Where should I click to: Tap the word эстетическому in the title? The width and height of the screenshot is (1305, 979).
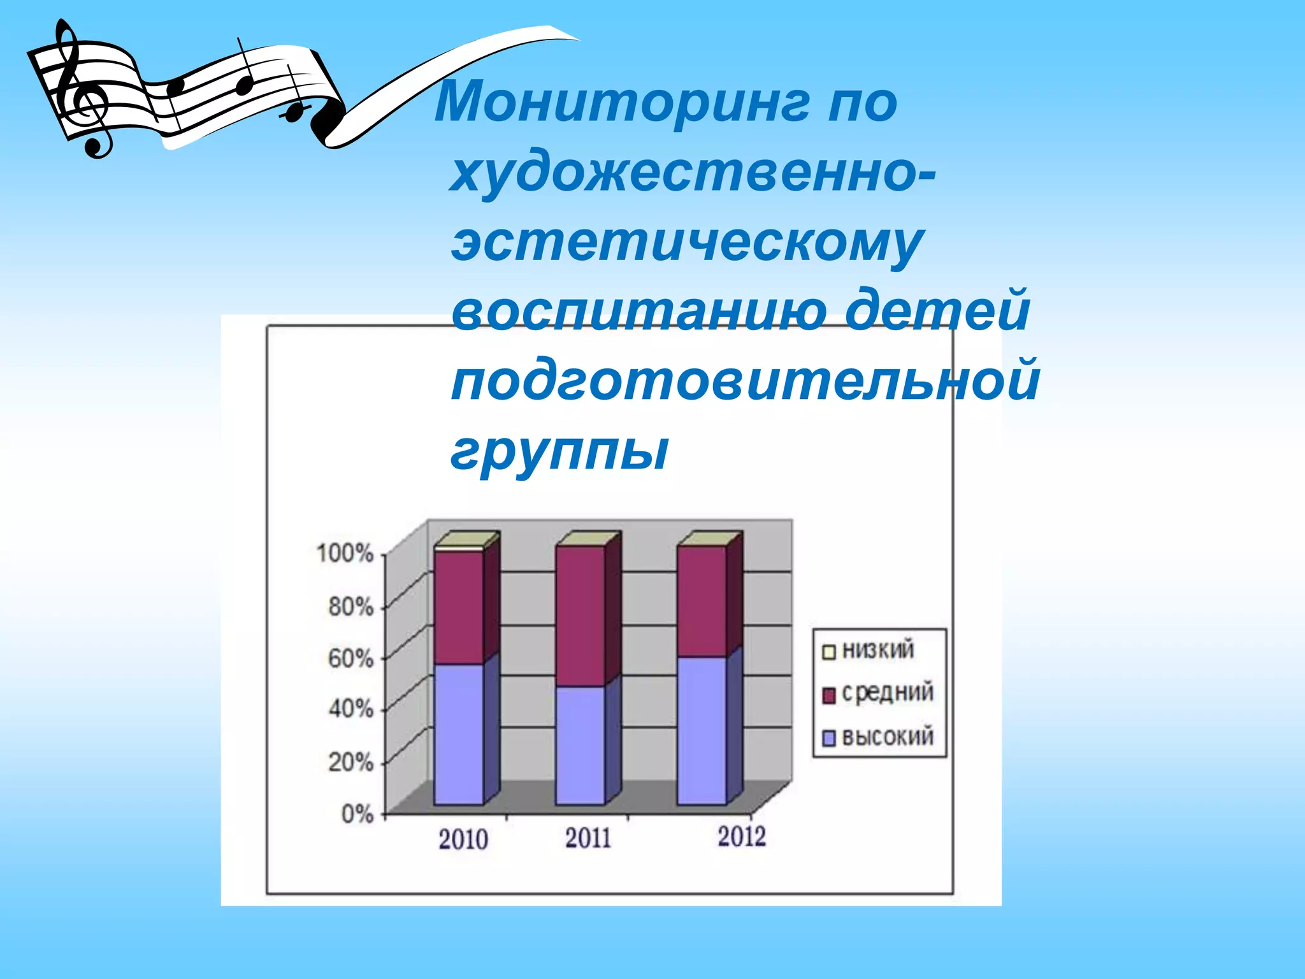click(x=687, y=243)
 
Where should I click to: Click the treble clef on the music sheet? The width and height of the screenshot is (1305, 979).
click(x=80, y=89)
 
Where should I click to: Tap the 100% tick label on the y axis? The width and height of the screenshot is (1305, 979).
click(x=345, y=553)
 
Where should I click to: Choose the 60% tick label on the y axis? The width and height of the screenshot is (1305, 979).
click(x=350, y=658)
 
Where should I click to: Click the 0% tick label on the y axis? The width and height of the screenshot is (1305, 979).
click(x=357, y=814)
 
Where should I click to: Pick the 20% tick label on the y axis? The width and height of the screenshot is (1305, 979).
click(x=350, y=762)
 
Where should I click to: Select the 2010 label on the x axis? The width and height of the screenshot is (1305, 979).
click(x=463, y=839)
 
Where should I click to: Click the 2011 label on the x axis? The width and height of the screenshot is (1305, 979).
click(x=588, y=838)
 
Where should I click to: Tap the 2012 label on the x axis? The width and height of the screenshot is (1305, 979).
click(x=741, y=836)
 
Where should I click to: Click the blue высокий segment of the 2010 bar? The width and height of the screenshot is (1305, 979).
click(x=459, y=733)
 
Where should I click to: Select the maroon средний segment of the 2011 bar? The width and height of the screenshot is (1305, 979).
click(x=580, y=615)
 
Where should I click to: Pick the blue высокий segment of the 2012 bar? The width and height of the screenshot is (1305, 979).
click(x=702, y=730)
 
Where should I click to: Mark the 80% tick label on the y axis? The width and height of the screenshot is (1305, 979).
click(x=350, y=606)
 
